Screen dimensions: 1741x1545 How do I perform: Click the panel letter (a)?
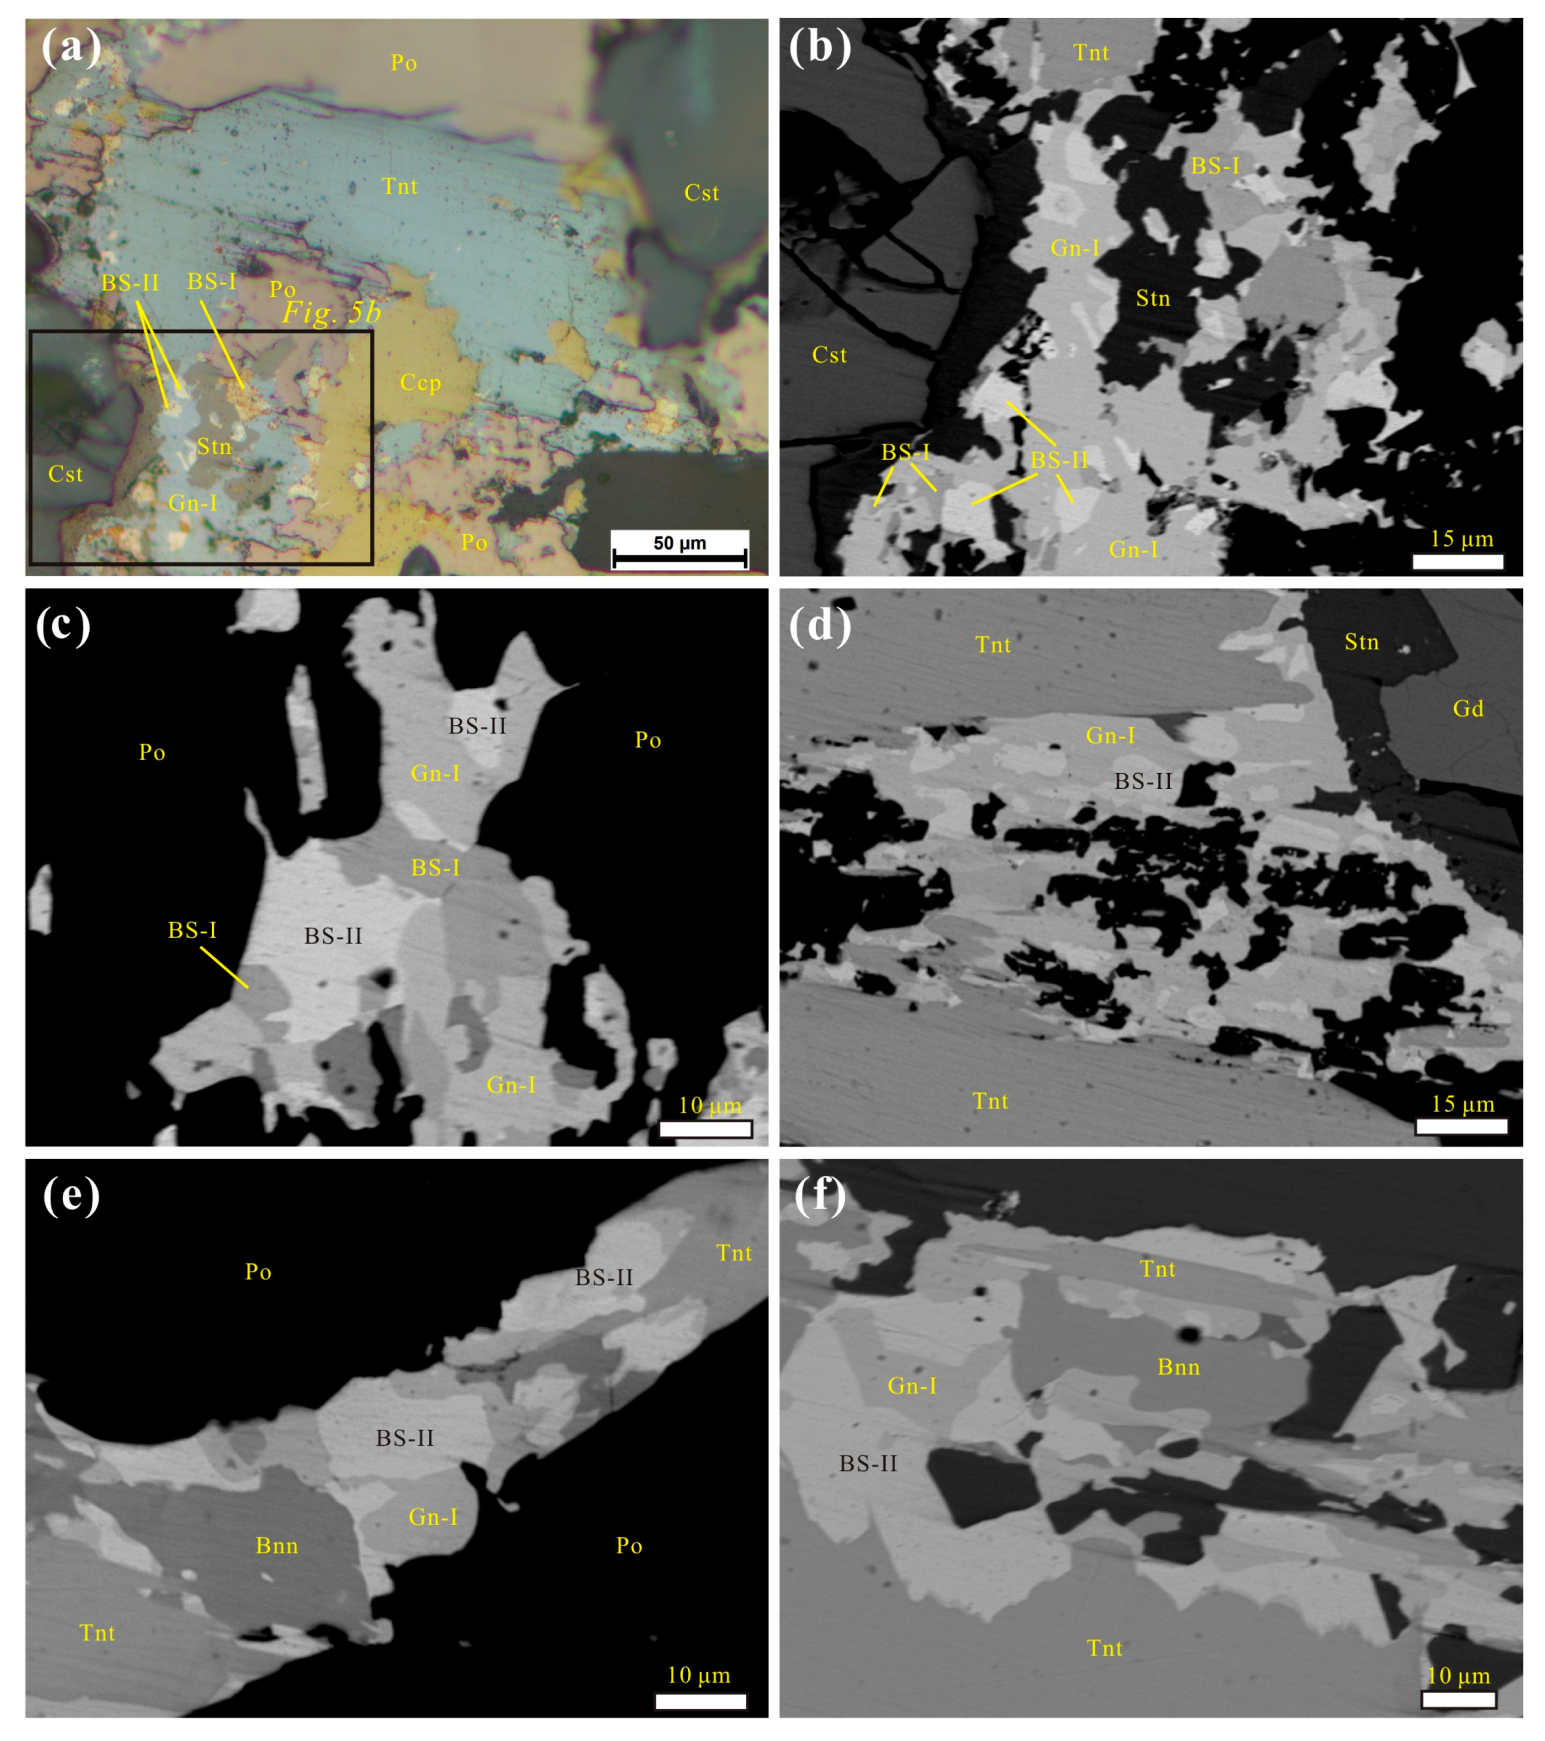click(x=72, y=48)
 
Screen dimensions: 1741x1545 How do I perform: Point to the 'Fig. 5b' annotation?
click(x=331, y=313)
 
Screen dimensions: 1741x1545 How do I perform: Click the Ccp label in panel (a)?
click(x=421, y=383)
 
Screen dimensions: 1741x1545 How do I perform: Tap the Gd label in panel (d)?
click(x=1468, y=708)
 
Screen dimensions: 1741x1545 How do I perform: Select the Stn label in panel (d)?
click(x=1361, y=642)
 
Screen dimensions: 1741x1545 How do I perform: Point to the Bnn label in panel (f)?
click(x=1178, y=1367)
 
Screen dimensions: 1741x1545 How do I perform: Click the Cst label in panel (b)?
click(x=829, y=355)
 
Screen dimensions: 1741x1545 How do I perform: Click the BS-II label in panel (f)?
click(x=868, y=1463)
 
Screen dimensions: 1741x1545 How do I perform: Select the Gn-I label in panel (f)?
click(x=912, y=1386)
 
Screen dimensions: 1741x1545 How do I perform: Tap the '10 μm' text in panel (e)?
click(x=699, y=1675)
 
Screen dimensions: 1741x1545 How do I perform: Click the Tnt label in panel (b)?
click(x=1091, y=53)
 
